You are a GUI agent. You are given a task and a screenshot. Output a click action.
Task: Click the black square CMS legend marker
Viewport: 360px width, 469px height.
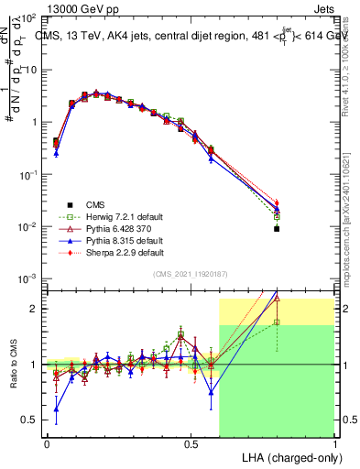tap(67, 204)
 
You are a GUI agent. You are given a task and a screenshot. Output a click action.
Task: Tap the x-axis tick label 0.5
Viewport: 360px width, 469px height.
tap(191, 442)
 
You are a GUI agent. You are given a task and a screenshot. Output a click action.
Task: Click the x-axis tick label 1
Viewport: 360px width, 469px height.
tap(334, 442)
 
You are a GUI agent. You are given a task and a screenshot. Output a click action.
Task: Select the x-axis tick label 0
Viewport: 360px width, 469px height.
tap(47, 442)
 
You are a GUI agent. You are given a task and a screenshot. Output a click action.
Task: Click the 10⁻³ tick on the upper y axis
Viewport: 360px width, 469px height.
tap(29, 278)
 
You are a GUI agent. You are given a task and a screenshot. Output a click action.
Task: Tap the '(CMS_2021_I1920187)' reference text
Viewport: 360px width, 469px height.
tap(190, 274)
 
